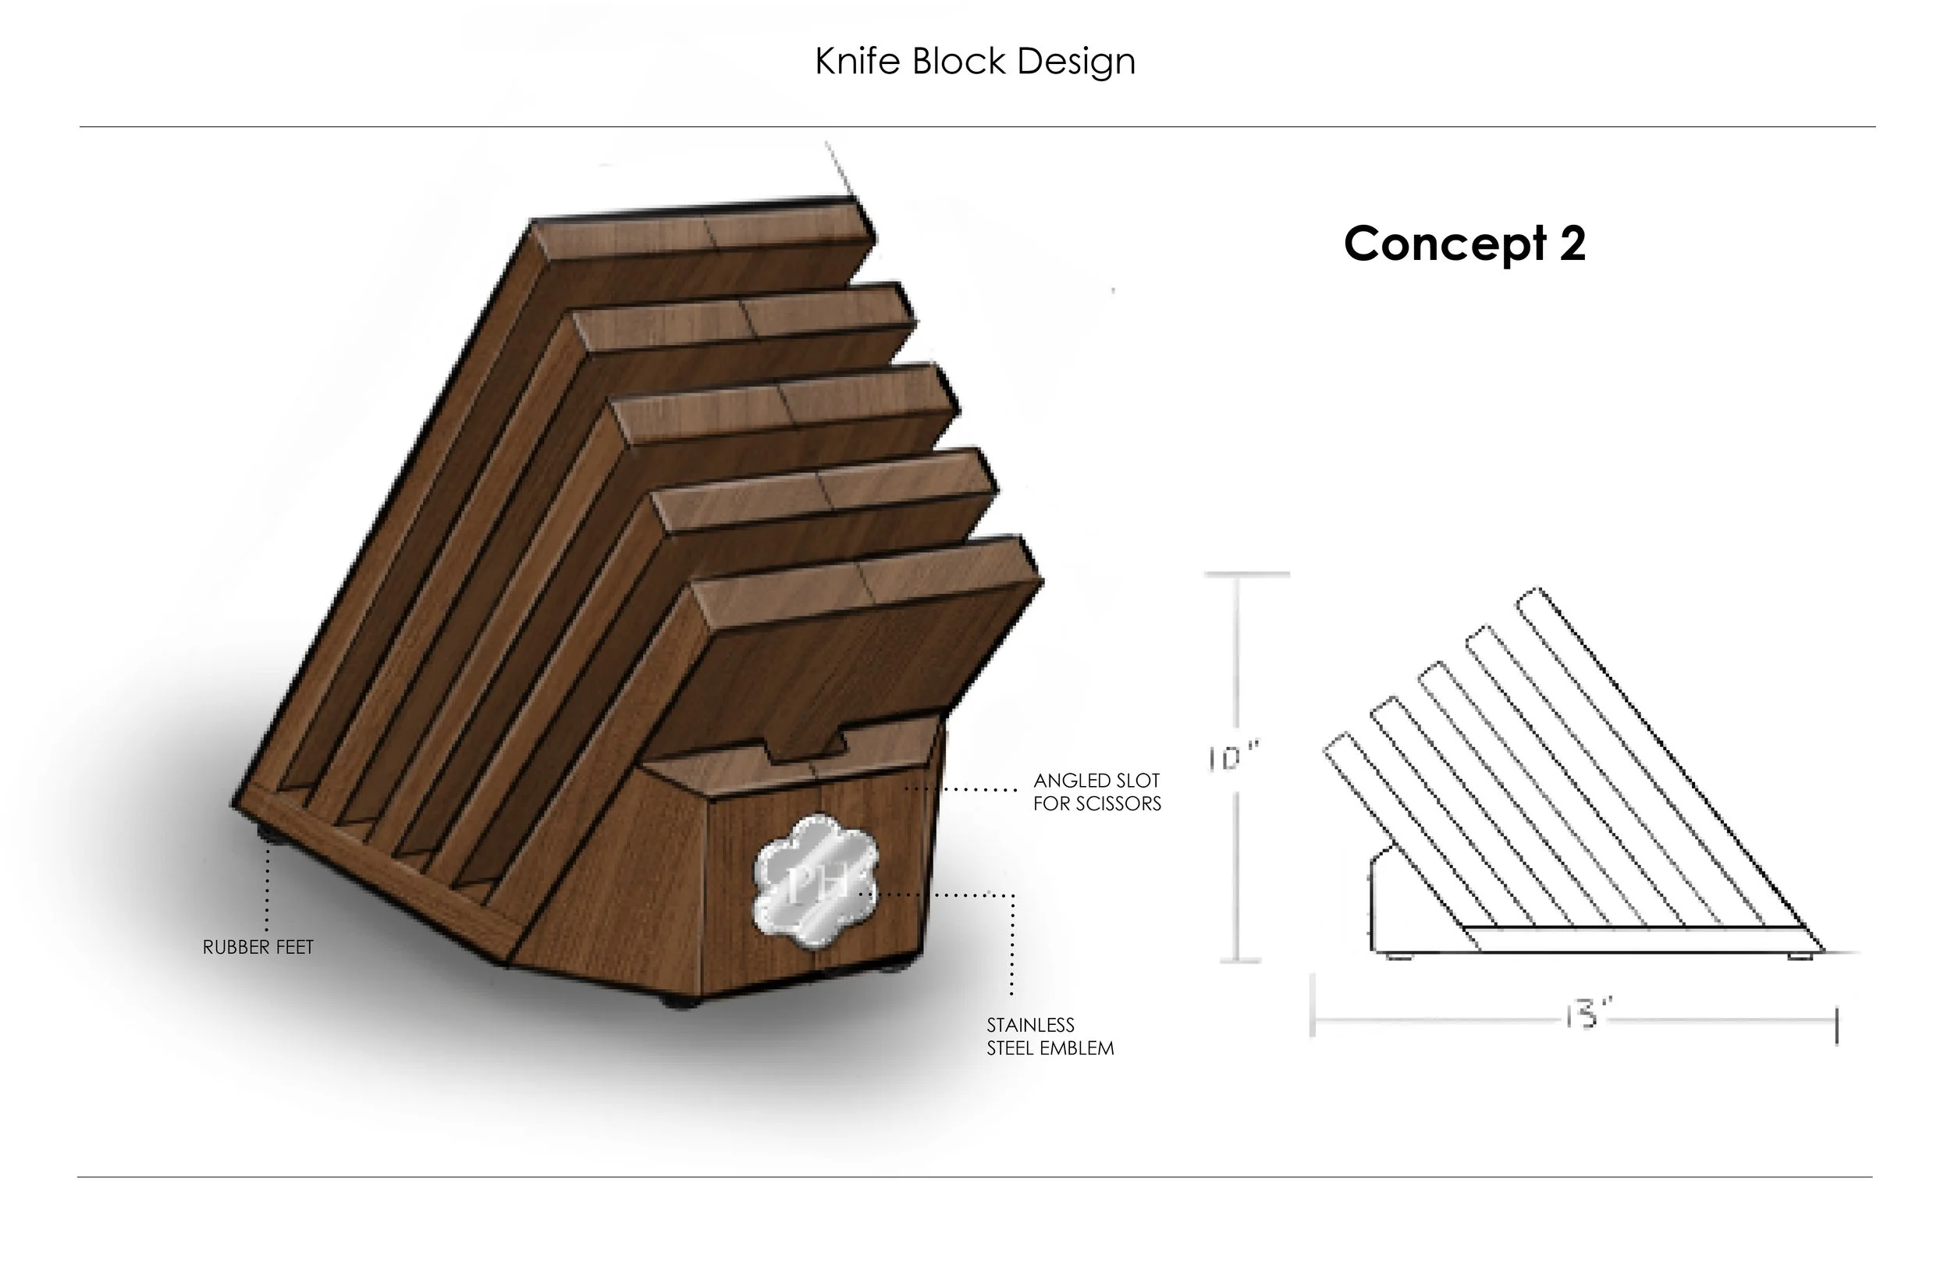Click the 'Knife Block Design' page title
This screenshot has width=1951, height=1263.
[x=975, y=62]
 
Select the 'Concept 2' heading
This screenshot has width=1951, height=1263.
[x=1464, y=244]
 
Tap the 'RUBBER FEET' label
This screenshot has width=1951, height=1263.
[x=258, y=948]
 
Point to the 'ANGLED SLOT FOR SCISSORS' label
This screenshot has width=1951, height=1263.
[x=1096, y=792]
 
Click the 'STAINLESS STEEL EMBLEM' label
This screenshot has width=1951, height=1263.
[x=1050, y=1037]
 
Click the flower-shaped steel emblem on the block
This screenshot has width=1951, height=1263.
[x=816, y=881]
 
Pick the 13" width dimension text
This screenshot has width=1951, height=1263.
[x=1588, y=1016]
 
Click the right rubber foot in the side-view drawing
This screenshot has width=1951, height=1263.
[x=1800, y=956]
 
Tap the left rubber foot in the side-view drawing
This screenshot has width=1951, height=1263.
[x=1398, y=956]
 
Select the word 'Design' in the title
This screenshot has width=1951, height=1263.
[x=1076, y=62]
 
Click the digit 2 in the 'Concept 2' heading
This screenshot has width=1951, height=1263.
[x=1572, y=244]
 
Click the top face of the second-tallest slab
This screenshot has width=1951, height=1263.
[x=742, y=318]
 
